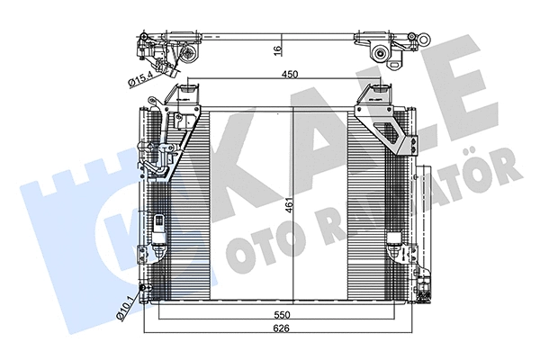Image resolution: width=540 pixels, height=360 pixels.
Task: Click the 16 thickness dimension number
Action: [x=278, y=49]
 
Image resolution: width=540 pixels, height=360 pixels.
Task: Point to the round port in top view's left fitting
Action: [x=190, y=55]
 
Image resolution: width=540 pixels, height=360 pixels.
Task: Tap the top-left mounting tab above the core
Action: [x=190, y=94]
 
